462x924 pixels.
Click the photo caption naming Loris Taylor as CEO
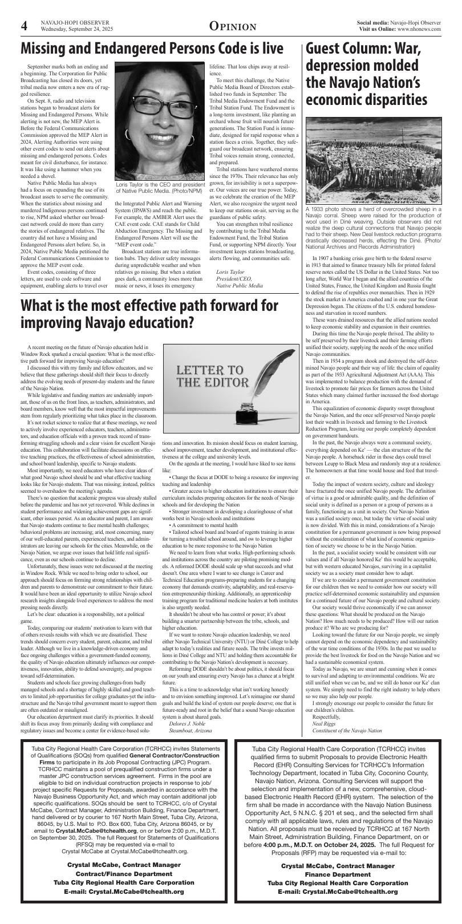click(160, 188)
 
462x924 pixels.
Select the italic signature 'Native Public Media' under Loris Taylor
click(240, 285)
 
